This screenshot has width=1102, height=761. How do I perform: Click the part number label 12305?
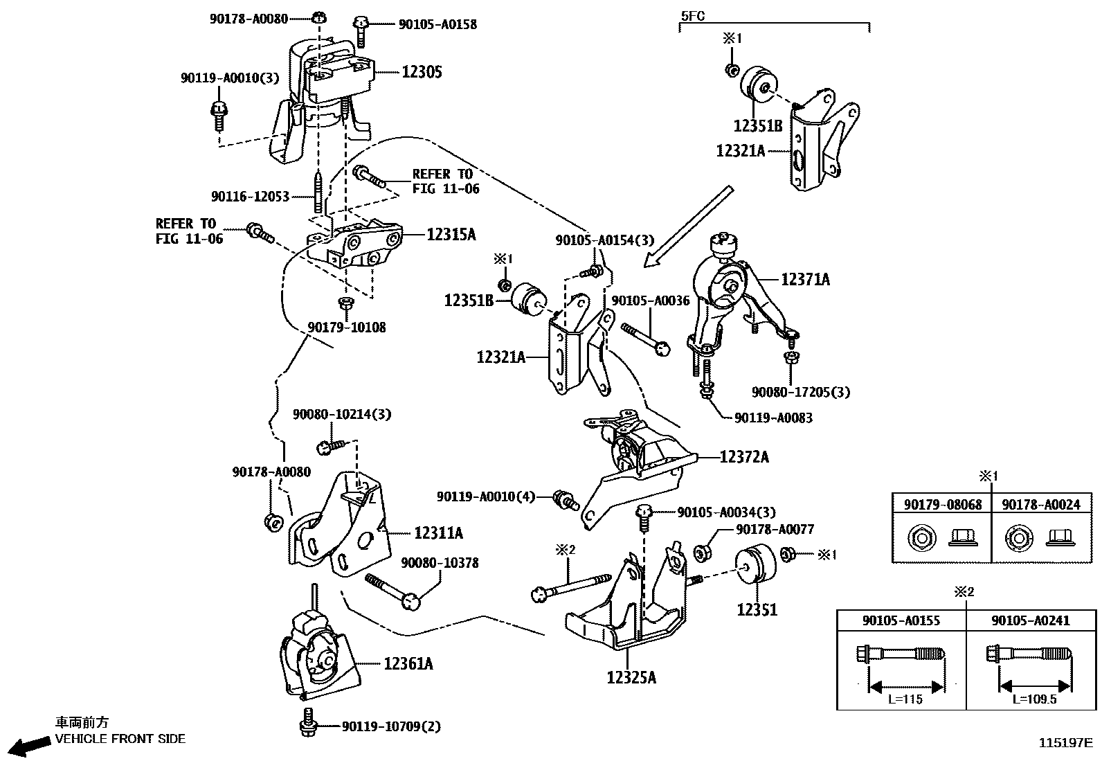click(x=422, y=72)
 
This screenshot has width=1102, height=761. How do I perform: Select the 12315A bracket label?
click(x=451, y=235)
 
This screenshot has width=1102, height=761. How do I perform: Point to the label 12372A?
click(x=744, y=457)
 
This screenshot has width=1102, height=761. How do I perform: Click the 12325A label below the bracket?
click(x=631, y=677)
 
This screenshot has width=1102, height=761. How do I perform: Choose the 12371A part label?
click(x=805, y=280)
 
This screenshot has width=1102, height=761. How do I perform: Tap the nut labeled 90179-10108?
click(x=345, y=304)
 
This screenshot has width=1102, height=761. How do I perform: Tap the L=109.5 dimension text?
click(x=1035, y=699)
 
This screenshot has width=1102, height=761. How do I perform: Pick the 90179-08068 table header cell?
click(x=942, y=505)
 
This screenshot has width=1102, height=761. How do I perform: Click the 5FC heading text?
click(x=692, y=15)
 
